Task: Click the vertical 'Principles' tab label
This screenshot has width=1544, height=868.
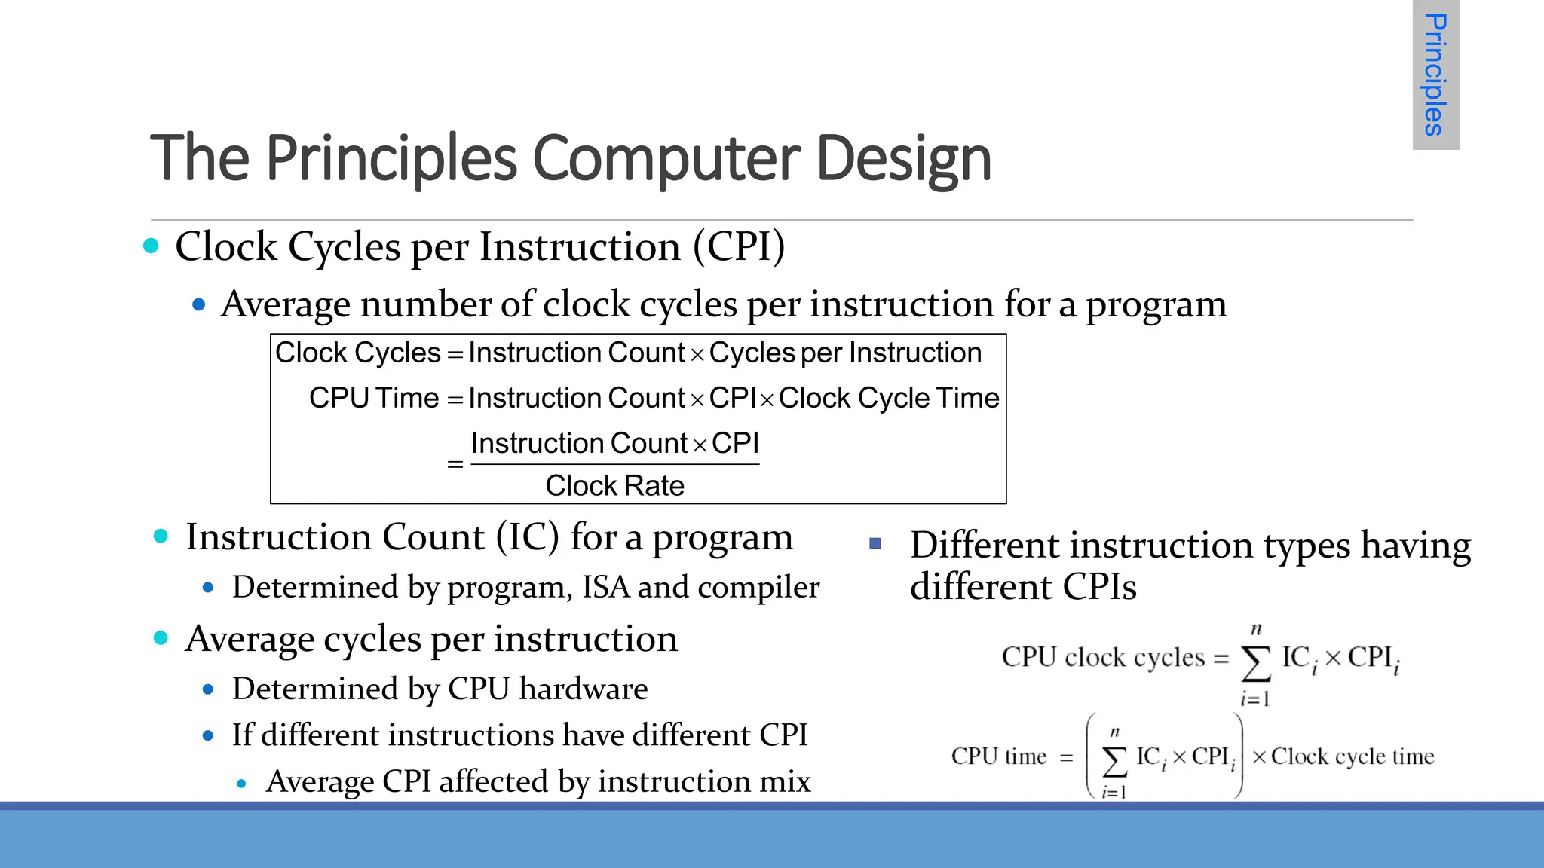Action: point(1435,75)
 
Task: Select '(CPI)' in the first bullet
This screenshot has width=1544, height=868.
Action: point(739,246)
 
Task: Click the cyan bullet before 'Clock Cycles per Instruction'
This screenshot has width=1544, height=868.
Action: point(152,246)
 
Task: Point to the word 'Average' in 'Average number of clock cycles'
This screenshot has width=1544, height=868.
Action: point(286,304)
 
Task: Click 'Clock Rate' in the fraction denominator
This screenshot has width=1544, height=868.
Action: point(614,486)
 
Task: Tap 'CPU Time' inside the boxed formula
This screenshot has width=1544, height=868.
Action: point(374,398)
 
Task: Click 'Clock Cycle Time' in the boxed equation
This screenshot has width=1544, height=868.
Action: point(889,398)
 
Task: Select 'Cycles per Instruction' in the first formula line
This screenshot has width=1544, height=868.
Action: point(845,353)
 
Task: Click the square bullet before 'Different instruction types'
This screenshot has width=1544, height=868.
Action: point(875,543)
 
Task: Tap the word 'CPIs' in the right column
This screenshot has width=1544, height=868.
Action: point(1099,587)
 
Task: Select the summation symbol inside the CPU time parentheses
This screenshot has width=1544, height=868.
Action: point(1115,761)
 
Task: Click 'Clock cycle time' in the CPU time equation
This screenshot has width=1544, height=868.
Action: point(1353,756)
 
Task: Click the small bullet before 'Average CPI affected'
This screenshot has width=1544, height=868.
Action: point(241,784)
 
